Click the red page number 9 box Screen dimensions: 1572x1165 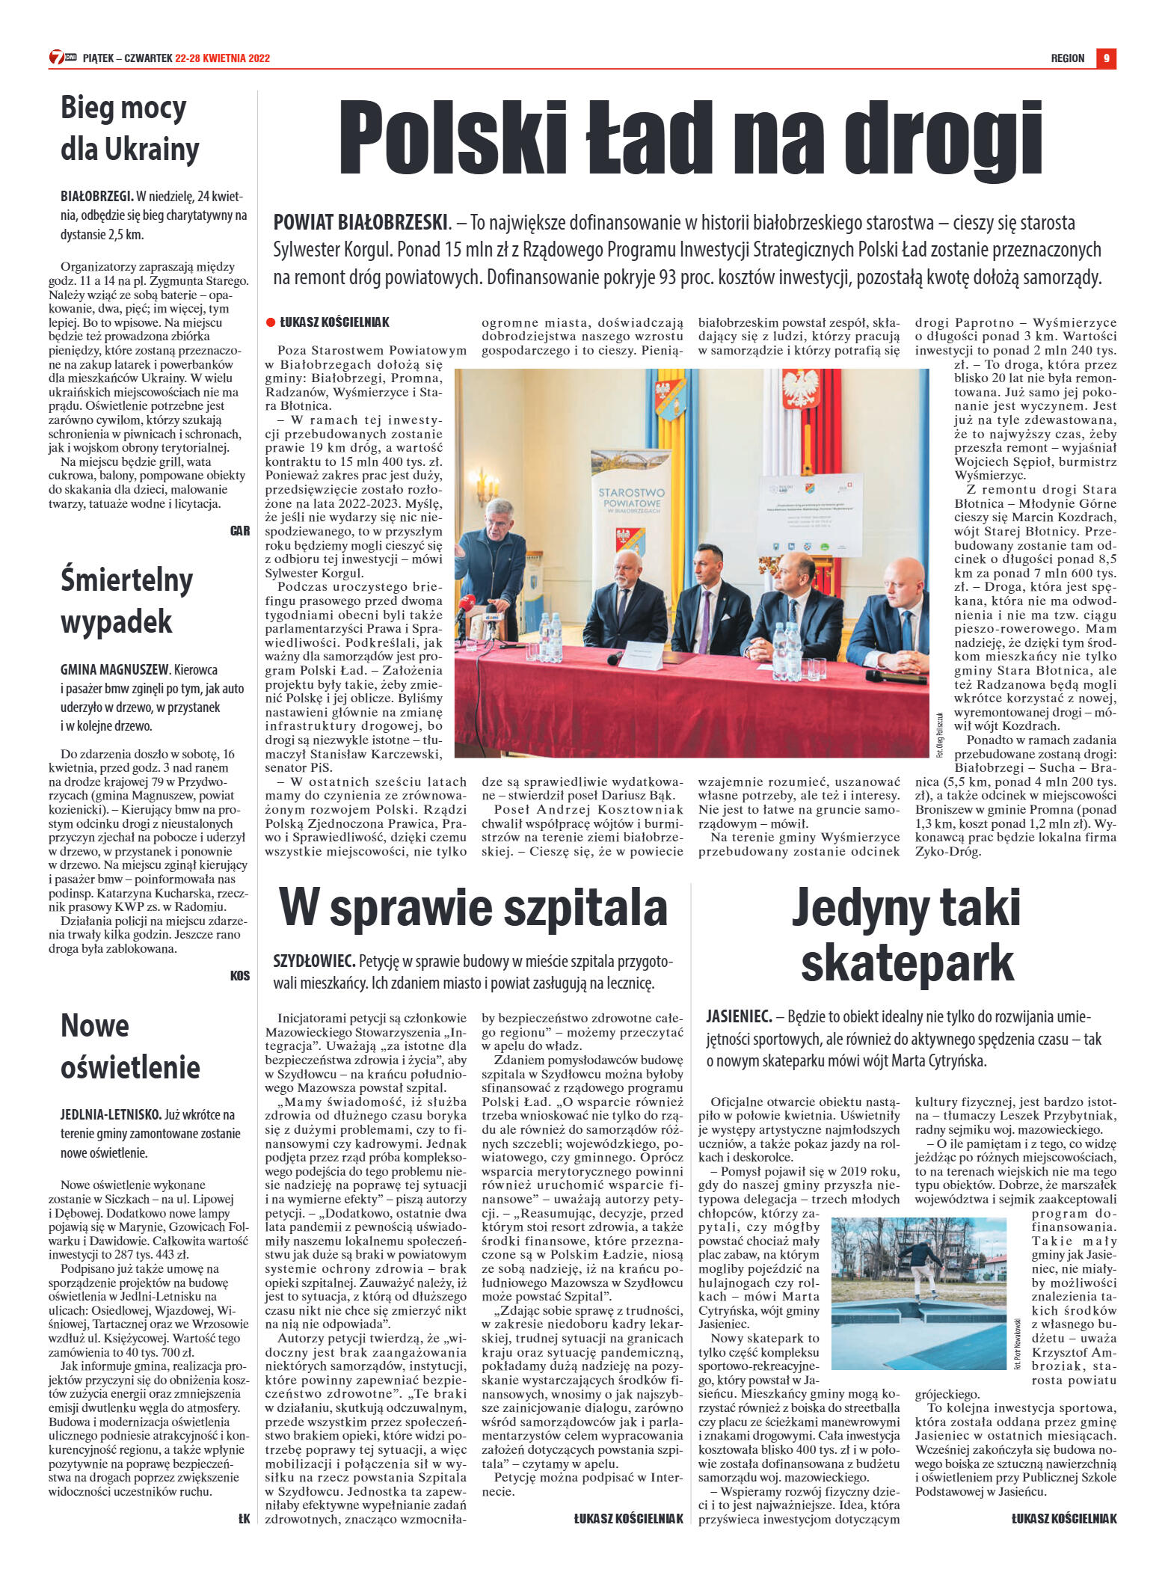point(1106,58)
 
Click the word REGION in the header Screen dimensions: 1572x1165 point(1067,58)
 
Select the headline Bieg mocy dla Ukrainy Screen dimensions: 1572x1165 point(129,129)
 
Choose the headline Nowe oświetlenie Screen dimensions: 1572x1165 point(129,1046)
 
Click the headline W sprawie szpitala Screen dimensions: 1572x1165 point(473,908)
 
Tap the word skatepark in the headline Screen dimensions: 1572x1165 point(906,963)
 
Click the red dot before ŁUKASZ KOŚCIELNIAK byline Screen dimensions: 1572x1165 point(271,322)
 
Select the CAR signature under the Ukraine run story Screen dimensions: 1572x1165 point(240,531)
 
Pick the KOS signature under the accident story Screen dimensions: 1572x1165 point(240,976)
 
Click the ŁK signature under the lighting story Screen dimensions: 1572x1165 point(243,1518)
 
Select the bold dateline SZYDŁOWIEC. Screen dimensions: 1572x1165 point(313,961)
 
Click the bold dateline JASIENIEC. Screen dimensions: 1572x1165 point(739,1017)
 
